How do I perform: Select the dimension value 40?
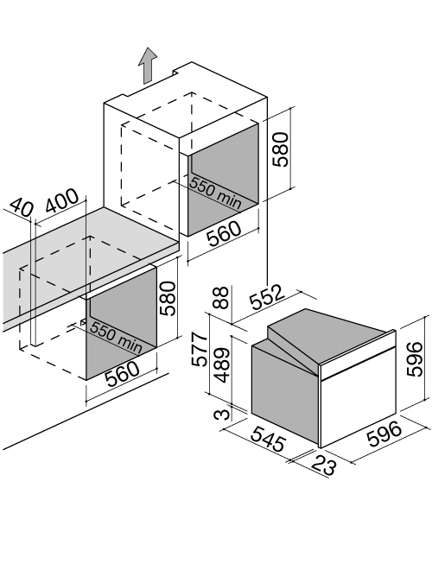pos(21,207)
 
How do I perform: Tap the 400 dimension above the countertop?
pos(62,200)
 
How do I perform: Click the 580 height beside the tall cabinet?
pos(280,149)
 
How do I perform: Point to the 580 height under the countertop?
pos(168,298)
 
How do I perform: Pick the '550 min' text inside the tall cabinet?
pos(216,193)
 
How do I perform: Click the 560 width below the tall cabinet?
pos(224,234)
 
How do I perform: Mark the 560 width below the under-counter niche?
pos(123,374)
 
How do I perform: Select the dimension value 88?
pos(220,298)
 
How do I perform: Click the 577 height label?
pos(200,350)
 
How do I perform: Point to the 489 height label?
pos(221,365)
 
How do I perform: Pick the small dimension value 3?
pos(222,415)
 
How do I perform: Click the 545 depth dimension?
pos(269,439)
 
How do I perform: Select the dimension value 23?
pos(323,465)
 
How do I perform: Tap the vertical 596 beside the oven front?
pos(414,359)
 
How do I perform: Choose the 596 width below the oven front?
pos(384,434)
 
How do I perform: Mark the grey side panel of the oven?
pos(285,389)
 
